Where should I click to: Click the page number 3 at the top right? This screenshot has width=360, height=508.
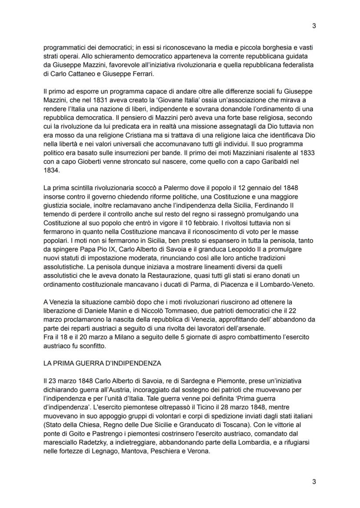314,26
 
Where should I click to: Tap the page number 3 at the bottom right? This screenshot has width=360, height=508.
314,481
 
